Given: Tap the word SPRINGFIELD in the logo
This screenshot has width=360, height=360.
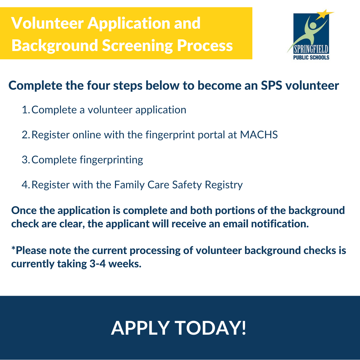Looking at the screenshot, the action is (x=311, y=49).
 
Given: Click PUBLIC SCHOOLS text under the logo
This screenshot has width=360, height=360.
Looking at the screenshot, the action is (x=311, y=57).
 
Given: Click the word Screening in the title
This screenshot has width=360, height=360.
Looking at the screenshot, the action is (x=137, y=45).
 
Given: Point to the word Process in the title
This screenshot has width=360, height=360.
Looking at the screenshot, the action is (x=205, y=45).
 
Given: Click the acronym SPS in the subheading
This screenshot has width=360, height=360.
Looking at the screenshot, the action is (x=271, y=85).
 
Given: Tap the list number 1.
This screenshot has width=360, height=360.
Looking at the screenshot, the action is (x=25, y=110).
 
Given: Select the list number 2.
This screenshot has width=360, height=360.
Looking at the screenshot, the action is (x=26, y=135).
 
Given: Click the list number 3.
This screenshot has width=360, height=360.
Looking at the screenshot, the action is (x=26, y=160).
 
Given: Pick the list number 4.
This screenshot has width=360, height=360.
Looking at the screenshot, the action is (x=26, y=185).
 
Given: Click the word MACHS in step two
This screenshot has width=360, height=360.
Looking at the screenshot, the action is (x=259, y=135).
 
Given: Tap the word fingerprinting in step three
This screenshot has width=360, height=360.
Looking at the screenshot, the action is (x=111, y=160).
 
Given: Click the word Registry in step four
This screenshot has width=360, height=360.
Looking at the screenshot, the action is (x=224, y=185).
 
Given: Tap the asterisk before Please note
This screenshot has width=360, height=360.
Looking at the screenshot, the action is (x=14, y=248).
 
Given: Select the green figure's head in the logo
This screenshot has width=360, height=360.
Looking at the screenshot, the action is (x=313, y=25).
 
